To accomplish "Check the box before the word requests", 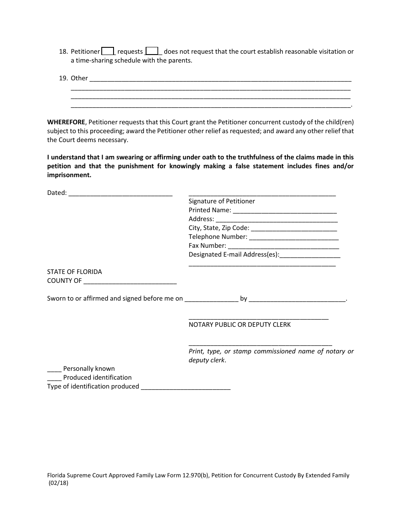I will [108, 51].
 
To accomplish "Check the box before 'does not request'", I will [152, 51].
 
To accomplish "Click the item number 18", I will [63, 52].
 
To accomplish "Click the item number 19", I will [63, 78].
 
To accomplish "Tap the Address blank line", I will [276, 220].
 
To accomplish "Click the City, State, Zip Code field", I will [294, 229].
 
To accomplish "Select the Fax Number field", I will [283, 246].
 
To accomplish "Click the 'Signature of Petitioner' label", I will [222, 201].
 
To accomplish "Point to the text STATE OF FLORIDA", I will [74, 272].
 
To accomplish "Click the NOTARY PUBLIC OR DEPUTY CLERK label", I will [239, 325].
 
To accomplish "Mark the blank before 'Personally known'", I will [54, 369].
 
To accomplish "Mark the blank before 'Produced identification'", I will [54, 378].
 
